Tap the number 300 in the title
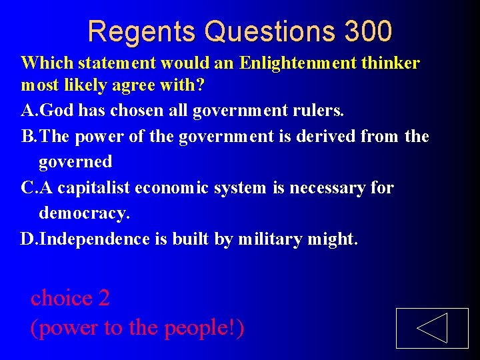tap(369, 31)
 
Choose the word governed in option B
tap(75, 161)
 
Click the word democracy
tap(84, 213)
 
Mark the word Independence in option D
tap(95, 239)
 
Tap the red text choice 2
tap(70, 298)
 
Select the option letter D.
tap(27, 239)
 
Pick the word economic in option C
tap(173, 188)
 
